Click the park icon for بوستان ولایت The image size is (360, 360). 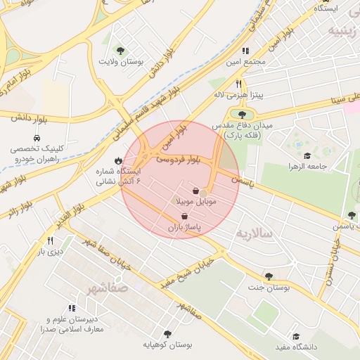(x=121, y=51)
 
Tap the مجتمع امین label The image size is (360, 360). (x=251, y=63)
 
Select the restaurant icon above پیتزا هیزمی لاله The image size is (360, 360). (x=238, y=83)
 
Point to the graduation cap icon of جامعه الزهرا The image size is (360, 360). (x=307, y=155)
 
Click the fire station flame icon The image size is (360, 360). (x=117, y=160)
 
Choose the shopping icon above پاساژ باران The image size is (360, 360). (x=184, y=217)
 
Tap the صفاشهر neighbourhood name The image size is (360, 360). (x=108, y=288)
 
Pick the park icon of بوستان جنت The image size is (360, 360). (x=268, y=276)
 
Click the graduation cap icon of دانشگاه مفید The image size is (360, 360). (x=296, y=336)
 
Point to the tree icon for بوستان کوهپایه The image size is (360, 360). (x=167, y=334)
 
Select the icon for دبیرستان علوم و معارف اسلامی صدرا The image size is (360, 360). (x=72, y=308)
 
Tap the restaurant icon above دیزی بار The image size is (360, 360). (x=50, y=239)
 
